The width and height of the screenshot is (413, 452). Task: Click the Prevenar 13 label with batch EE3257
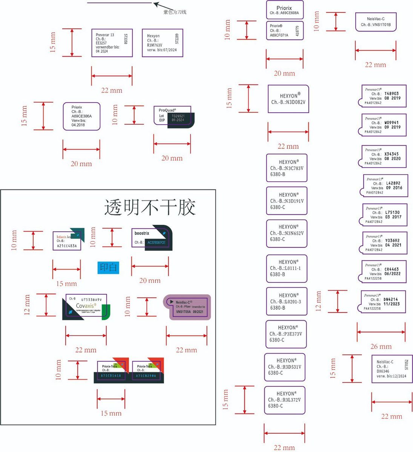(x=112, y=43)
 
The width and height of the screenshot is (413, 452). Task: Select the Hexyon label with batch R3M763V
(x=162, y=43)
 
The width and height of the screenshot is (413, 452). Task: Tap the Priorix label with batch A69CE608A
(x=284, y=10)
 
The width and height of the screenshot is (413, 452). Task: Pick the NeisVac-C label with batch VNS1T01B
(x=376, y=22)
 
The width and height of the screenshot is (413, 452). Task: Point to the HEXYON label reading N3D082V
(x=288, y=99)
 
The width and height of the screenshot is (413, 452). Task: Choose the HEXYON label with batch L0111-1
(x=286, y=269)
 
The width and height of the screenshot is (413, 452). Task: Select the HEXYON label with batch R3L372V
(x=284, y=400)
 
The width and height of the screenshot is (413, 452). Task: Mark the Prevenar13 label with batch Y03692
(x=382, y=243)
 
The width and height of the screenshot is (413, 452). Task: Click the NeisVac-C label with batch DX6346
(x=392, y=369)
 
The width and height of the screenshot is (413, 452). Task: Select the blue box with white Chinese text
(x=108, y=267)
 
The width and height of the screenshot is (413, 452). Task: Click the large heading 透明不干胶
(x=150, y=207)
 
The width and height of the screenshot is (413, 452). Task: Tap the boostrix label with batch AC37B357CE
(x=151, y=238)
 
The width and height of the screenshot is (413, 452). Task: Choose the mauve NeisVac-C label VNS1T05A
(x=187, y=307)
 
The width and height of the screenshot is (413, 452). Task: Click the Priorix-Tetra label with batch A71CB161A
(x=111, y=371)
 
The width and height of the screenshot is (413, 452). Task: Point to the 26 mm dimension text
(x=381, y=347)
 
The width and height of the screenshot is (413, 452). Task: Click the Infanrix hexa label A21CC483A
(x=67, y=240)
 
